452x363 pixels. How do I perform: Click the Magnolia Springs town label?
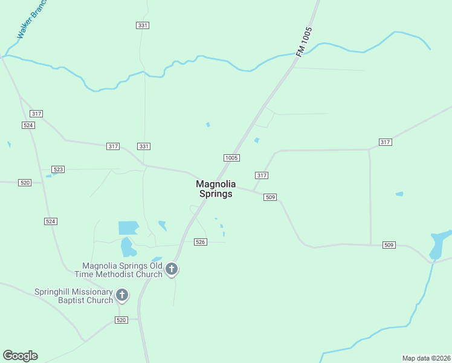(216, 189)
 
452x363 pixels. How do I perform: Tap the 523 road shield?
(58, 169)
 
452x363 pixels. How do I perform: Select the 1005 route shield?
(231, 158)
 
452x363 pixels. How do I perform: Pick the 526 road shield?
(201, 242)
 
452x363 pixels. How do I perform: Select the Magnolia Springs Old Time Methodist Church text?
(122, 270)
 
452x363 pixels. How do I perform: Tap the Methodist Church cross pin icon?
(172, 269)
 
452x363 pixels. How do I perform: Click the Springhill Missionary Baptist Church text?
(74, 295)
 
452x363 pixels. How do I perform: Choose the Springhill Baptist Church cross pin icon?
(122, 295)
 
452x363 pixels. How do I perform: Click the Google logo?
(20, 356)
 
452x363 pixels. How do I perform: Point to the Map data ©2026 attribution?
(426, 358)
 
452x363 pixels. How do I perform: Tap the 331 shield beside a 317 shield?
(143, 146)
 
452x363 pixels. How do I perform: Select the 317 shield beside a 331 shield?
(113, 146)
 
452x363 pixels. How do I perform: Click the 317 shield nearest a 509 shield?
(262, 175)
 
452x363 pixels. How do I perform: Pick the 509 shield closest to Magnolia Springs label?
(270, 197)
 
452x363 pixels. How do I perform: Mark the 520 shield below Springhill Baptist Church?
(121, 319)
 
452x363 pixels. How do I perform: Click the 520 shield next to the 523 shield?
(25, 182)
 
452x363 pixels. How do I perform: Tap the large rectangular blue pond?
(128, 227)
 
